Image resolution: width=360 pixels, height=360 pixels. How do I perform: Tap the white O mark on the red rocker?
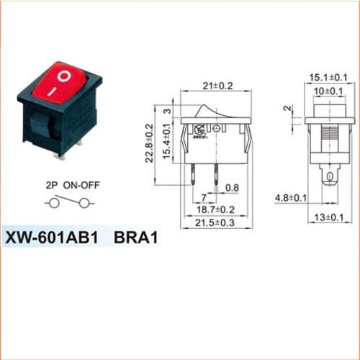[x=65, y=74]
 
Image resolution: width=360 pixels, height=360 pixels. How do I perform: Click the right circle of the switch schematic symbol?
[x=85, y=204]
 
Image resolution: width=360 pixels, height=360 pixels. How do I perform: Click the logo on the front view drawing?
[x=199, y=130]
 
